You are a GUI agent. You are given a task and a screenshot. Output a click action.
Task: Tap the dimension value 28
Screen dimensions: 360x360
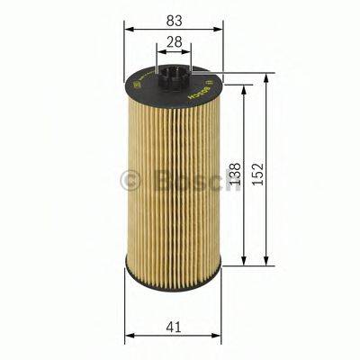pos(174,42)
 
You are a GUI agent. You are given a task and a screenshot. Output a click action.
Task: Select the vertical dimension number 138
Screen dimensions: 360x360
pos(236,175)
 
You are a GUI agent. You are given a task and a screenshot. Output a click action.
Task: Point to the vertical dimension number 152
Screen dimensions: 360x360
pos(260,170)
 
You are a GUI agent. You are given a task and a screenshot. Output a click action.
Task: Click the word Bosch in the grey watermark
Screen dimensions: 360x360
pos(185,180)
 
